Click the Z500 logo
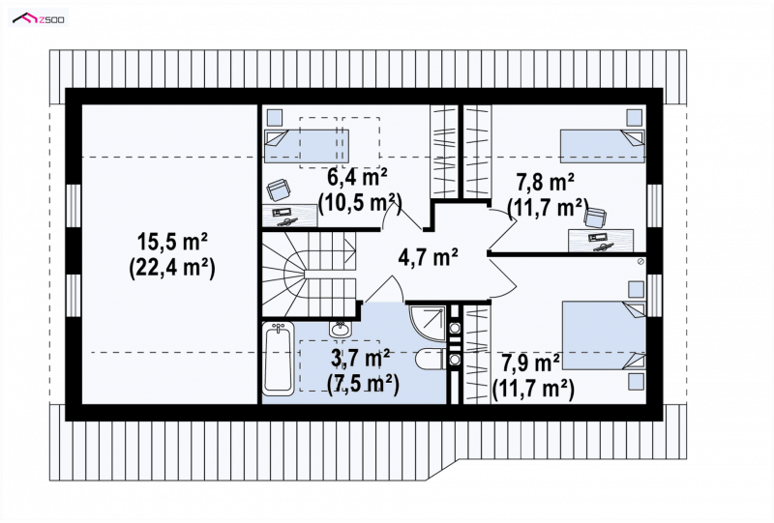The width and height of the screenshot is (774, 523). tap(39, 19)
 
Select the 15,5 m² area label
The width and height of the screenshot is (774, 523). tap(172, 244)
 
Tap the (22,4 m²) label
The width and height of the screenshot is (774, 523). tap(172, 269)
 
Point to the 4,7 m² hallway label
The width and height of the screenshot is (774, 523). tap(428, 257)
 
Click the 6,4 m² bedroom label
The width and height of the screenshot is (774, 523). tap(357, 177)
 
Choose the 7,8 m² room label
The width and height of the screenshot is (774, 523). tap(545, 183)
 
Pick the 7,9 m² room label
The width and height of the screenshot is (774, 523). tap(530, 363)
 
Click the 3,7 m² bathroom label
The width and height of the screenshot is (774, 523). tap(360, 359)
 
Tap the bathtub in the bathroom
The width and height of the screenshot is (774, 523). tap(279, 359)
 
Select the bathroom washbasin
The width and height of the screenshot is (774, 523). tap(340, 328)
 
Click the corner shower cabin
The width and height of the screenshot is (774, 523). tap(428, 322)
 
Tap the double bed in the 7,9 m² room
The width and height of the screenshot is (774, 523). tap(604, 335)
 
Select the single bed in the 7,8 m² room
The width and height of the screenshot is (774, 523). tap(602, 147)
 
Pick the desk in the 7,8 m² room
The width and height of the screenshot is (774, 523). tap(601, 241)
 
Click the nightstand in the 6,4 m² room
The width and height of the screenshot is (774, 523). tap(275, 117)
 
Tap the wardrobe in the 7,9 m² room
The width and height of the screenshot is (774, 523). tap(477, 354)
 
